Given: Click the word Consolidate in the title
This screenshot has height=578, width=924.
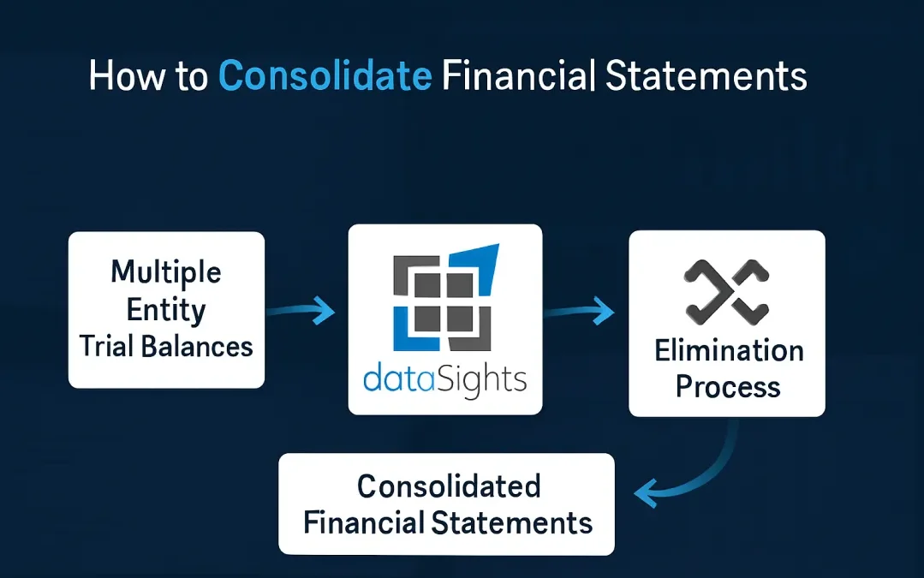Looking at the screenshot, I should click(325, 76).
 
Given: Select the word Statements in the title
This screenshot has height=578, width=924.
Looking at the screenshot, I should click(706, 76).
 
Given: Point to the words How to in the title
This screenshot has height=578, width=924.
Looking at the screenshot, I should click(147, 76).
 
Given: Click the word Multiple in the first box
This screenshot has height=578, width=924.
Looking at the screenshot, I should click(166, 272).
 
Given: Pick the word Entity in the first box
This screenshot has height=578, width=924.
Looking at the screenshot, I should click(166, 309).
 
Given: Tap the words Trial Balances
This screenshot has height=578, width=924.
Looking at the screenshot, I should click(166, 346).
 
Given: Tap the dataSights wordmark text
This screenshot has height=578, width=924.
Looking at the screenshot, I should click(445, 379).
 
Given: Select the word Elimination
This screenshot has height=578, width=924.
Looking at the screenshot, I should click(729, 350).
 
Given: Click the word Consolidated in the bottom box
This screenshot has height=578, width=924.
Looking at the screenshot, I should click(449, 486).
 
